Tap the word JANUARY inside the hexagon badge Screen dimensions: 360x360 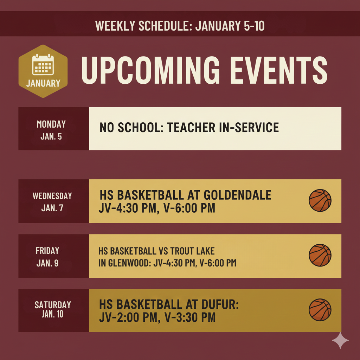pos(43,83)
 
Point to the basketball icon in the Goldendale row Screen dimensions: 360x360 pos(320,200)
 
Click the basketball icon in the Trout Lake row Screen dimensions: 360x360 pos(320,255)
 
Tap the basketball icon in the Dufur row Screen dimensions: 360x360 pos(320,310)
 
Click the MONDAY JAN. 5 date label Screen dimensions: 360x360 pos(51,130)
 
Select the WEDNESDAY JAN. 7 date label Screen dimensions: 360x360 pos(52,201)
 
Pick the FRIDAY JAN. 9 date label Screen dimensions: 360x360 pos(47,257)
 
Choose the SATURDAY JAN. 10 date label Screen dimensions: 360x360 pos(53,309)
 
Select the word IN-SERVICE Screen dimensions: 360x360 pos(249,127)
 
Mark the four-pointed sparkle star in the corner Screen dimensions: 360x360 pos(340,340)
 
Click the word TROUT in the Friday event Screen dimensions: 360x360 pos(181,251)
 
